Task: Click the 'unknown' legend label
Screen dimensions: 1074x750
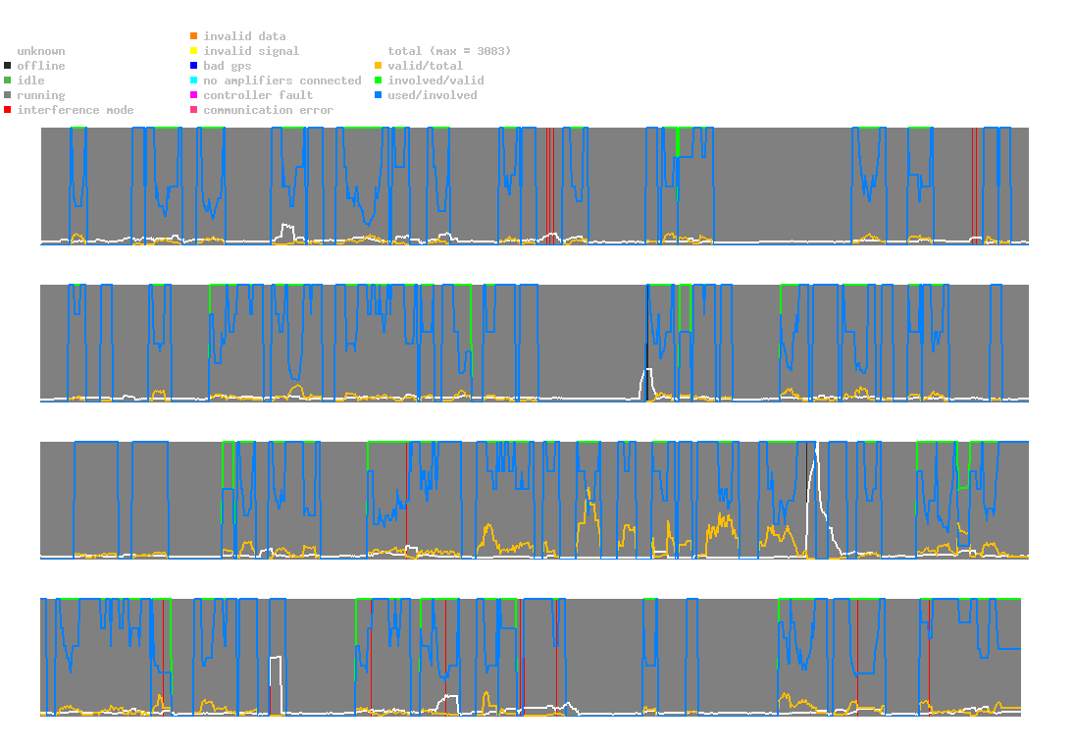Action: tap(41, 51)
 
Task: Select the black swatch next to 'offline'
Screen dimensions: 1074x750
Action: tap(8, 66)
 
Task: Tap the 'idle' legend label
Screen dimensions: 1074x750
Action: tap(30, 80)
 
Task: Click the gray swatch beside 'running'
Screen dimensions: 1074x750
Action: tap(8, 95)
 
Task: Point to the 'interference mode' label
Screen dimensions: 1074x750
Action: tap(76, 110)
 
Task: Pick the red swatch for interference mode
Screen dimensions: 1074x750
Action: tap(8, 110)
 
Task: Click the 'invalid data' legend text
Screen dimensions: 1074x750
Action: tap(244, 36)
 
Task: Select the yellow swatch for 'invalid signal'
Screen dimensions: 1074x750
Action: tap(194, 51)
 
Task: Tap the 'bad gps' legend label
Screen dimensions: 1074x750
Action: tap(228, 66)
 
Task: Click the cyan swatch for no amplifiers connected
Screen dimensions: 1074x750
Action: tap(194, 80)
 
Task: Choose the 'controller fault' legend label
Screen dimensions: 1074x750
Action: tap(258, 95)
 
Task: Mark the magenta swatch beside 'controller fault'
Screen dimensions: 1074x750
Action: tap(194, 95)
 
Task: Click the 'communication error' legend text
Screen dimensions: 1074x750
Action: tap(269, 110)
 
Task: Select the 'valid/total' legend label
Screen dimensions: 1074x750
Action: tap(426, 66)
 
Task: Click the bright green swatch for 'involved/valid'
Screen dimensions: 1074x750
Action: tap(378, 80)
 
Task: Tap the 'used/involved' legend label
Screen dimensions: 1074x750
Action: tap(433, 95)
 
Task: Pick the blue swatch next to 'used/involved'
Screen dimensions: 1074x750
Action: tap(378, 95)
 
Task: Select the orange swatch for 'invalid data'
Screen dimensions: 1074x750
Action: tap(194, 35)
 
